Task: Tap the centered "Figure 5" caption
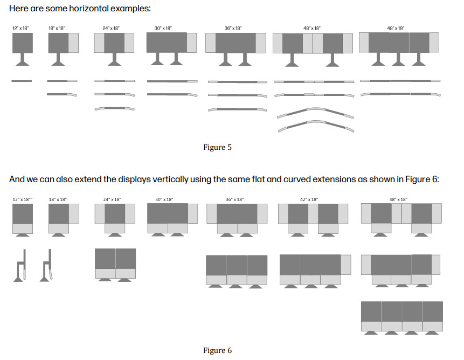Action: click(217, 147)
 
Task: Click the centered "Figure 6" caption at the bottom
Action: click(217, 350)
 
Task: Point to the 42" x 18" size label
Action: click(309, 199)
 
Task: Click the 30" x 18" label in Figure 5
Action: click(163, 28)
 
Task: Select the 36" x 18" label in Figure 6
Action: click(235, 199)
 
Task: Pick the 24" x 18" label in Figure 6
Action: click(112, 199)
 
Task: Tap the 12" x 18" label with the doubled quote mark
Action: click(23, 199)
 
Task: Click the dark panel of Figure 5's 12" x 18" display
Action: click(23, 43)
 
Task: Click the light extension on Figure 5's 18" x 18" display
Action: click(74, 43)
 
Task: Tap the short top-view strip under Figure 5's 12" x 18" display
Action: click(22, 81)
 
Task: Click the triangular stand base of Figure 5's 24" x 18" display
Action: click(114, 63)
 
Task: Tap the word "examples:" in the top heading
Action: click(132, 10)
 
